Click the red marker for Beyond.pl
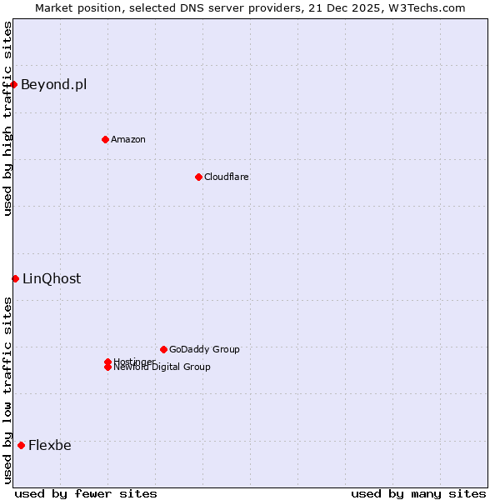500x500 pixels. point(14,84)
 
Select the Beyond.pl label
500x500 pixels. point(53,84)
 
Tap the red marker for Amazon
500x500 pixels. point(105,139)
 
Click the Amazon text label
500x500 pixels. point(127,139)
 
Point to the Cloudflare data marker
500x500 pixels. point(198,177)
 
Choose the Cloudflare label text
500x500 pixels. point(226,177)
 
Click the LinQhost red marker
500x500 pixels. point(15,278)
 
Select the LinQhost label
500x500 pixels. point(52,279)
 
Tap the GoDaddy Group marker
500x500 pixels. point(163,349)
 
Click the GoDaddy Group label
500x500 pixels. point(204,349)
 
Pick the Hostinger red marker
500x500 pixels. point(107,362)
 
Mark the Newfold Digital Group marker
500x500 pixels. point(107,367)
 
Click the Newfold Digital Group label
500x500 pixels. point(162,367)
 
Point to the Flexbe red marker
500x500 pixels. point(21,445)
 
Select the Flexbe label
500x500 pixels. point(50,445)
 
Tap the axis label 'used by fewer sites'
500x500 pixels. point(86,493)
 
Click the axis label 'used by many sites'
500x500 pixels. point(418,493)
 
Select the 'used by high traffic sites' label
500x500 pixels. point(7,118)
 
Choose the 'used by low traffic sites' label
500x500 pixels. point(7,390)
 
